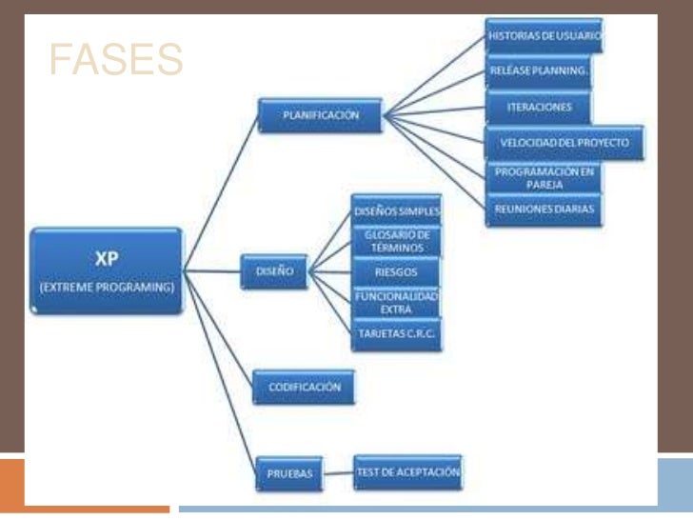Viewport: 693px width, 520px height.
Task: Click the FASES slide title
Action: pos(114,61)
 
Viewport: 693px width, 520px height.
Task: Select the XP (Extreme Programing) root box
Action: pos(106,271)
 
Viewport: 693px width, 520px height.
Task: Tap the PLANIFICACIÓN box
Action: pos(321,115)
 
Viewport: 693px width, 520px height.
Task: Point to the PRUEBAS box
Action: pos(287,472)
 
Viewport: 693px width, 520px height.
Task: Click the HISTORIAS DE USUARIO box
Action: pos(544,36)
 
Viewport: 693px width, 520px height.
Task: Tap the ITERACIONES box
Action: pos(539,107)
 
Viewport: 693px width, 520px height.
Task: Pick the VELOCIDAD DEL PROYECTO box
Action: pos(564,143)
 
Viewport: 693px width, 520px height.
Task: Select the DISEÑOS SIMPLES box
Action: pos(396,210)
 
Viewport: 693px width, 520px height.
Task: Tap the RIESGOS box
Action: pos(397,272)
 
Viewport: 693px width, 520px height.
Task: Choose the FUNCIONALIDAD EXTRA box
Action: pos(397,304)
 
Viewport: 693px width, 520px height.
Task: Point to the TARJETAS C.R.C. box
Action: pos(397,335)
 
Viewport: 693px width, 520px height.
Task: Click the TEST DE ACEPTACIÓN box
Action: pos(407,471)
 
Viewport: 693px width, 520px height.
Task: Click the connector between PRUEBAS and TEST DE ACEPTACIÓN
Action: pos(337,471)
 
